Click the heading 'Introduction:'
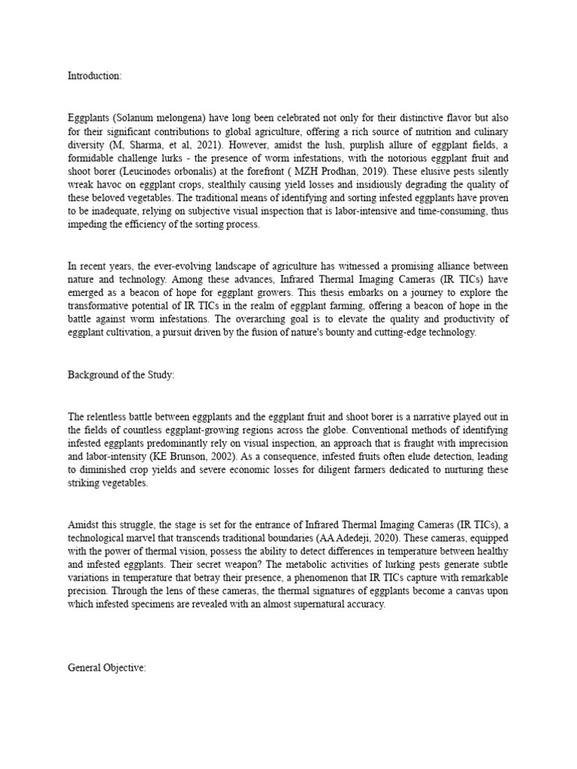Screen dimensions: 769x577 click(x=95, y=76)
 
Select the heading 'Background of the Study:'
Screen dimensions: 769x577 click(x=121, y=375)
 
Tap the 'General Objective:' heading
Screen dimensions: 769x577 click(x=106, y=667)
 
